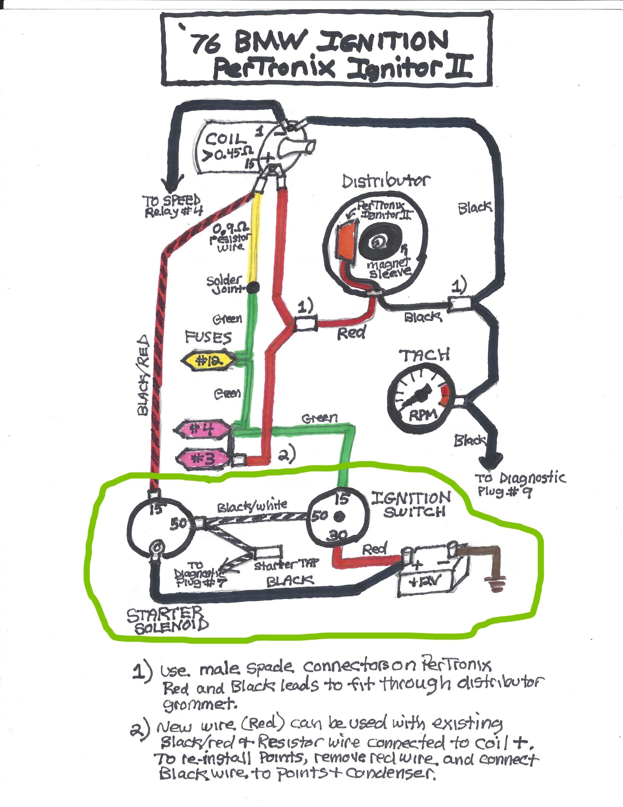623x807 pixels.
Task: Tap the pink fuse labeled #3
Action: point(204,459)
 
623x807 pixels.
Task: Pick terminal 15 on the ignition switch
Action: point(342,499)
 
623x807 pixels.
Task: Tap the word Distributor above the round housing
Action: point(386,182)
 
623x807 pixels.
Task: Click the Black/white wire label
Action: point(252,507)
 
